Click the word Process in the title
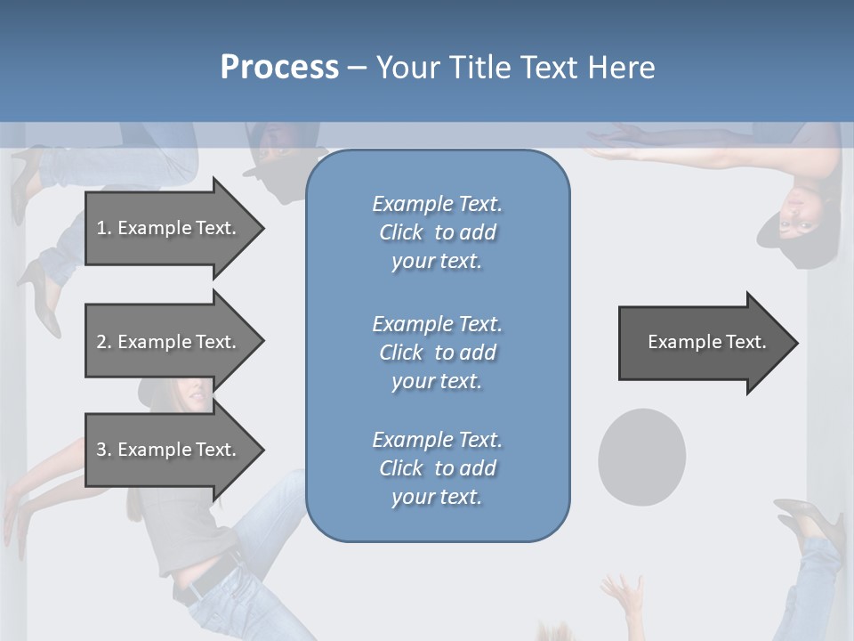tap(279, 68)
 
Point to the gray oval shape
tap(641, 456)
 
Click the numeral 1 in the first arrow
tap(101, 228)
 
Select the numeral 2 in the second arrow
tap(101, 342)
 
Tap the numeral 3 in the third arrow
tap(101, 450)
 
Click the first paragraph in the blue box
tap(437, 232)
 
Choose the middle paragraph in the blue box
tap(437, 353)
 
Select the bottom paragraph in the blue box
tap(437, 468)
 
